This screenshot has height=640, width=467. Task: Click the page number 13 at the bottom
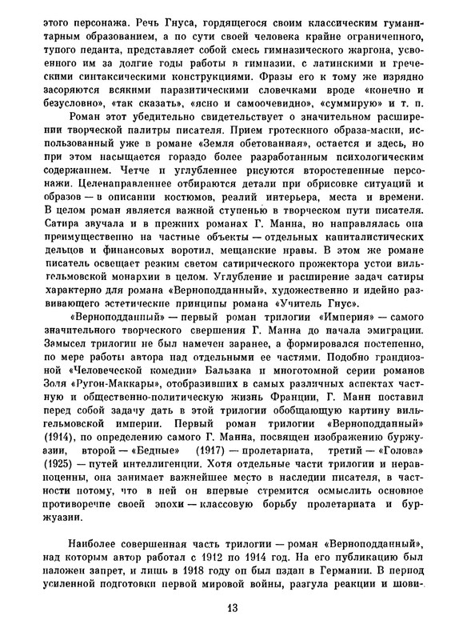pos(233,606)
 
